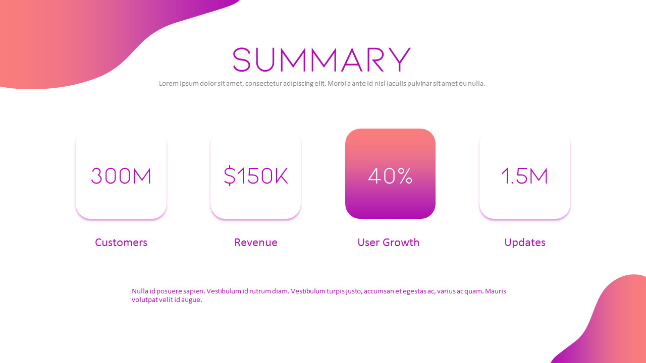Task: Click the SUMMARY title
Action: coord(321,60)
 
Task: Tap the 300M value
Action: coord(121,176)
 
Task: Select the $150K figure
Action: coord(256,176)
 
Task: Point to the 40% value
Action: coord(390,176)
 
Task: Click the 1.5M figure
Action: coord(525,176)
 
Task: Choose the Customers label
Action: coord(121,243)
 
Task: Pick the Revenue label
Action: coord(256,243)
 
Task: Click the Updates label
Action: coord(525,243)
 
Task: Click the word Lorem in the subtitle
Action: coord(169,84)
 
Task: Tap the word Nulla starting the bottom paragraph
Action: coord(141,291)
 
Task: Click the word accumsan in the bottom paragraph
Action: coord(379,291)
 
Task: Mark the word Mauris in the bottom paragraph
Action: coord(496,291)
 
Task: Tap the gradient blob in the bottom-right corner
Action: coord(616,323)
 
